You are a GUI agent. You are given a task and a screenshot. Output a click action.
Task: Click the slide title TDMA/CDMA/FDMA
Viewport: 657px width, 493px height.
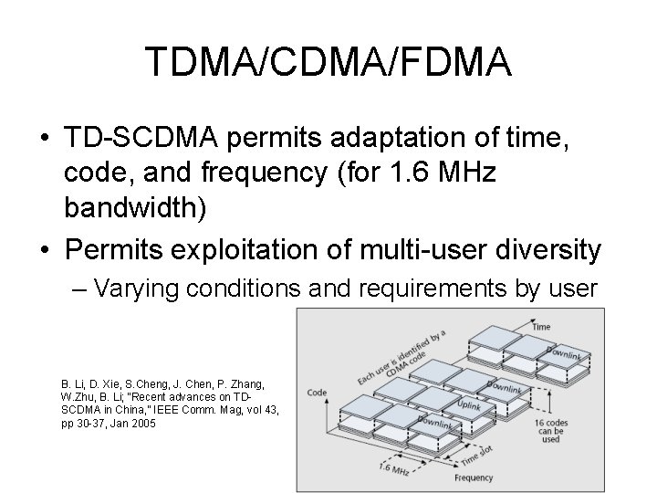(328, 63)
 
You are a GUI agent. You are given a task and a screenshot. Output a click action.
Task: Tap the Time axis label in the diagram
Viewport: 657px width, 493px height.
(541, 326)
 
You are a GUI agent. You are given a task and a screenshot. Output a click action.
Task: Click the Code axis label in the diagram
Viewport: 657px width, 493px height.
(317, 393)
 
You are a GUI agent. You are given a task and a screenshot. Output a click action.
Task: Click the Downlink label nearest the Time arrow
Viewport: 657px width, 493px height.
(567, 352)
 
